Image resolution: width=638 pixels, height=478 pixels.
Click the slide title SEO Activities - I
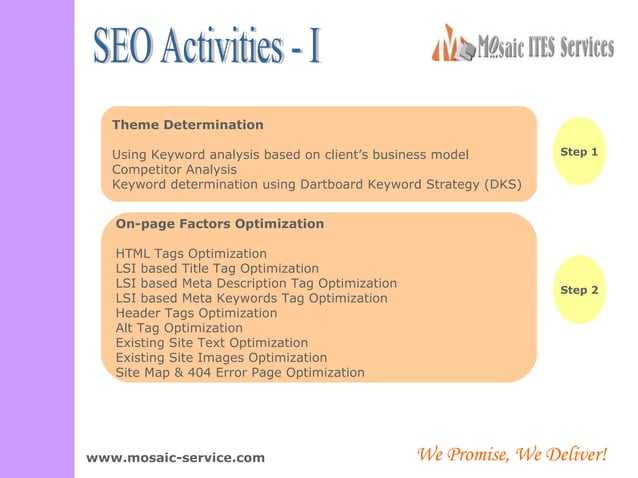(207, 48)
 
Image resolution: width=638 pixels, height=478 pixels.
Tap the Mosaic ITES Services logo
(522, 46)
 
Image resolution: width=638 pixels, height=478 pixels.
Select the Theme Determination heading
(188, 125)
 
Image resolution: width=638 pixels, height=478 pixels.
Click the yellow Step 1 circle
(579, 152)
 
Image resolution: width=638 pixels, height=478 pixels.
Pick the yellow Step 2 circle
(579, 290)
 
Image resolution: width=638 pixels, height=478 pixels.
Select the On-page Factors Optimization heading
(220, 224)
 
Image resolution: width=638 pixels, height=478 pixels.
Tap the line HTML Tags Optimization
(192, 254)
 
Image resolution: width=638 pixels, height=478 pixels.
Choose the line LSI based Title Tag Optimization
(217, 269)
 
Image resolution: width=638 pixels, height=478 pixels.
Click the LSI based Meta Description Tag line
(256, 284)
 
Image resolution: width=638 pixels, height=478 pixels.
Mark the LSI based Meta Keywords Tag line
(252, 298)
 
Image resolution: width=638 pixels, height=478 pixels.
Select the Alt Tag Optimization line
(179, 328)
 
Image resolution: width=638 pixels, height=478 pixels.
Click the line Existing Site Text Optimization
(212, 343)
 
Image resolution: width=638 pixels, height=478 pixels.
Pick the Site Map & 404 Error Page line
(240, 373)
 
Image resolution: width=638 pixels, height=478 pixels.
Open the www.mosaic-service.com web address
(176, 458)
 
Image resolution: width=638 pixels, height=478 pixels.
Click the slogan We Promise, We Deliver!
(510, 456)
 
